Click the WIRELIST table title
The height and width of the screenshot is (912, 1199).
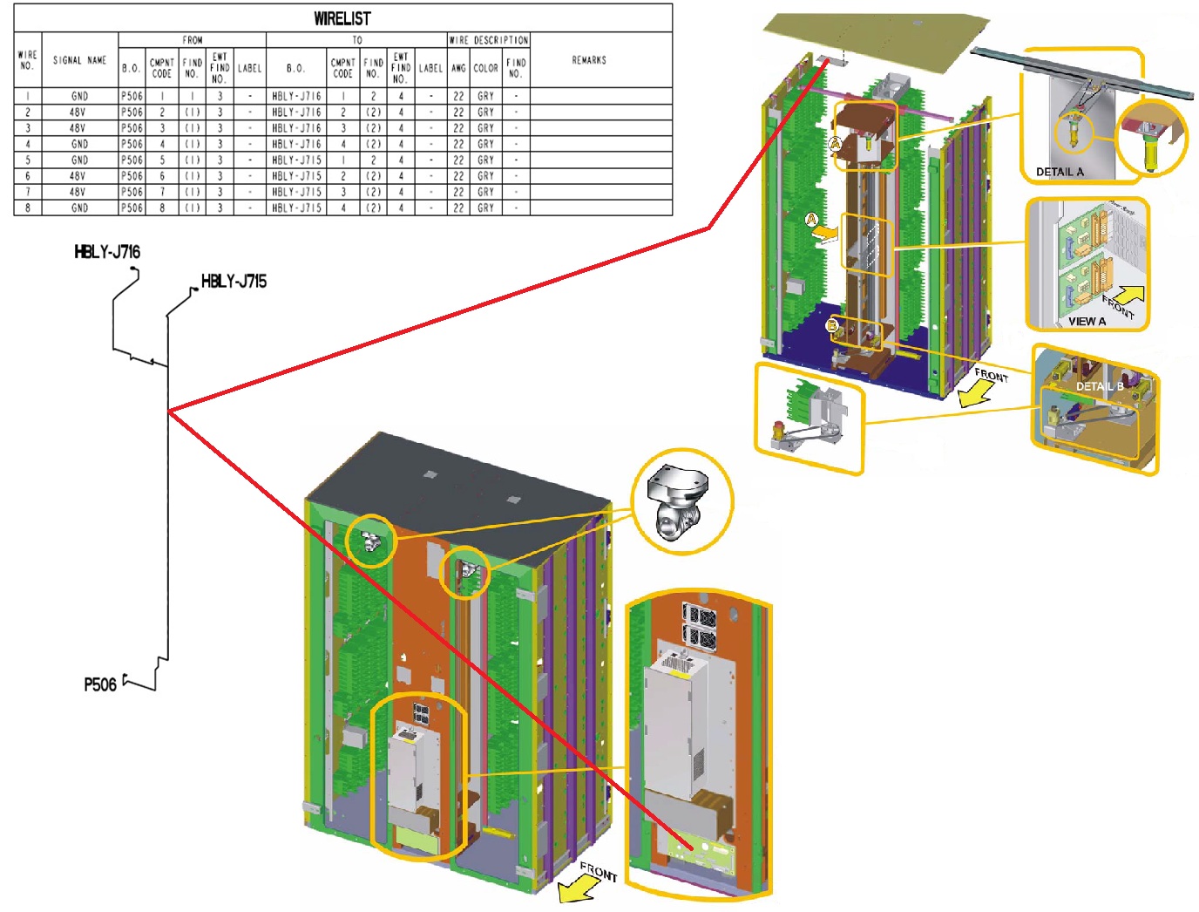[x=342, y=18]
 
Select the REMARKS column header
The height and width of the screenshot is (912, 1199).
[x=589, y=60]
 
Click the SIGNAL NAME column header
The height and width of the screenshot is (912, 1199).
[x=79, y=60]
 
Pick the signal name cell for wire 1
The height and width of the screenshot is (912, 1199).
[x=79, y=96]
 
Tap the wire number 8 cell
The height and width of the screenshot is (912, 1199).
[x=28, y=208]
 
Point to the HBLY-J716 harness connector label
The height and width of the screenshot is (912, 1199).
[x=107, y=252]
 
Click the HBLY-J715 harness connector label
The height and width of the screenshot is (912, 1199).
[x=234, y=281]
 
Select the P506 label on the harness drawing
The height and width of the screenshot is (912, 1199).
[x=100, y=684]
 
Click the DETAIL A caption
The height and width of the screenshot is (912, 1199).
[x=1060, y=172]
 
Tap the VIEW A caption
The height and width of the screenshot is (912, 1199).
[x=1087, y=321]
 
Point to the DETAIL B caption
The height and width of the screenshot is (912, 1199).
[x=1099, y=386]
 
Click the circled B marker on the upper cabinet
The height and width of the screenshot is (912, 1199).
[x=831, y=326]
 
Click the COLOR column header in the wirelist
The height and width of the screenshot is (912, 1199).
[x=485, y=67]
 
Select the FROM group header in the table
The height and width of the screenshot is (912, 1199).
[x=193, y=40]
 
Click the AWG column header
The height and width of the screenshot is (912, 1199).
[x=458, y=67]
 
